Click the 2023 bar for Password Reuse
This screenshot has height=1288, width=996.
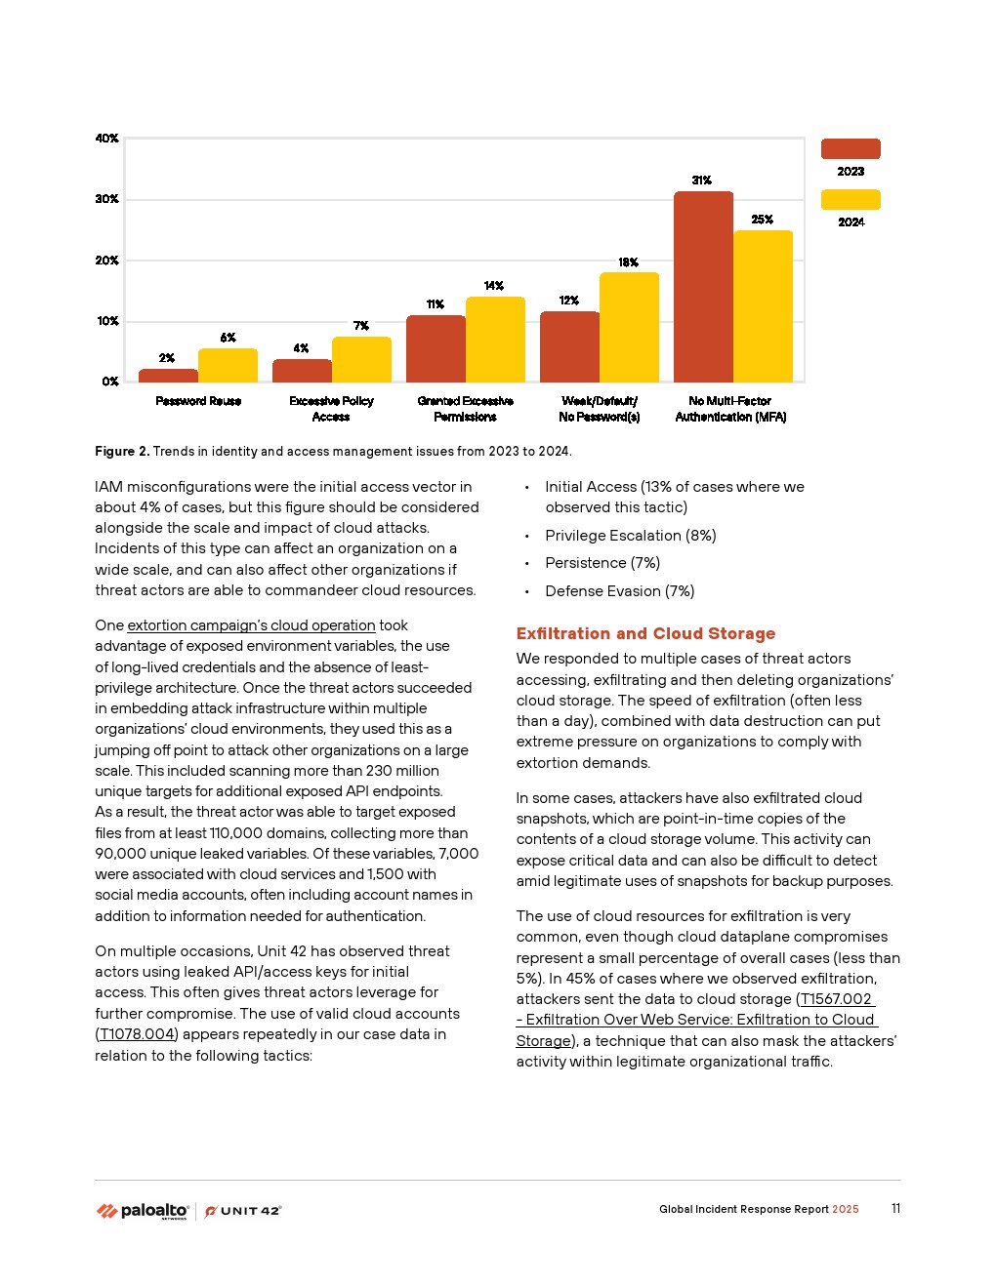[x=168, y=376]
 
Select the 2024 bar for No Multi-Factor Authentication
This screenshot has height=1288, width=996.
[x=763, y=306]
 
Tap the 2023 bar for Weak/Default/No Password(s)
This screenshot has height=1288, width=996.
[x=569, y=347]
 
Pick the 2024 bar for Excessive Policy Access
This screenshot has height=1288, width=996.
[x=361, y=359]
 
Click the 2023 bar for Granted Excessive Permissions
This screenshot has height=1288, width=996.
[x=436, y=349]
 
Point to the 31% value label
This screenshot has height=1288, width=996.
[x=702, y=181]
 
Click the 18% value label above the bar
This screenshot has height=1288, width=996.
[x=629, y=262]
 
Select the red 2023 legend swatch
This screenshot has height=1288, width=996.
[x=851, y=148]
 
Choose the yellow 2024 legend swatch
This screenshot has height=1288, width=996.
[x=851, y=199]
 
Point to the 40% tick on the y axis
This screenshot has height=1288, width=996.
[x=106, y=139]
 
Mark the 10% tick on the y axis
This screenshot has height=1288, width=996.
[x=106, y=321]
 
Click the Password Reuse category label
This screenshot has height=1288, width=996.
[x=198, y=401]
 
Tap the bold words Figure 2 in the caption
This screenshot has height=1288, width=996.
[x=122, y=451]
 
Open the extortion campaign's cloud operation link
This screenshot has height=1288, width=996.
[x=251, y=625]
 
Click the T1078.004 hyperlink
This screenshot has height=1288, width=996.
[x=137, y=1034]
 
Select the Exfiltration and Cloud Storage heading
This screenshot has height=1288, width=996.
[x=645, y=633]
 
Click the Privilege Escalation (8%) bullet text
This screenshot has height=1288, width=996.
[x=631, y=536]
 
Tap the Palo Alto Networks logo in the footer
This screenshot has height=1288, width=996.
[x=143, y=1211]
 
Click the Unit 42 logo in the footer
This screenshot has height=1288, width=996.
[x=243, y=1211]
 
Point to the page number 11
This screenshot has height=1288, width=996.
[x=895, y=1209]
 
